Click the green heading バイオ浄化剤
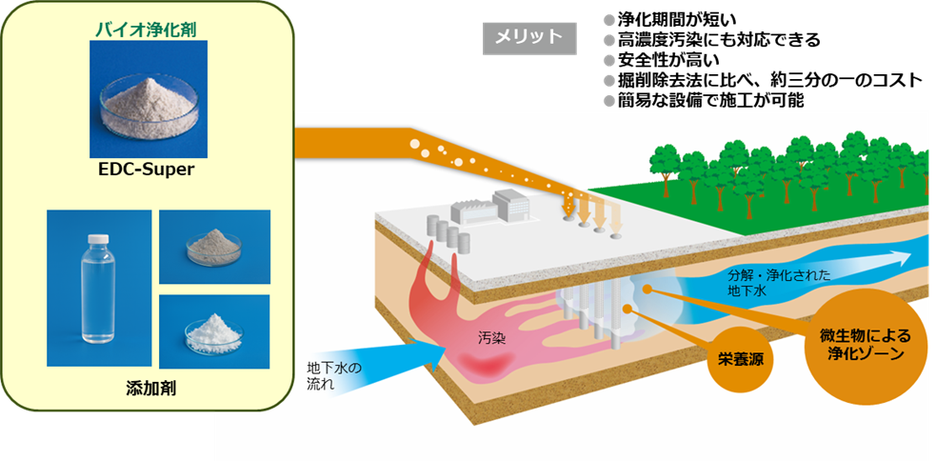tap(145, 29)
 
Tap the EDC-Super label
tap(146, 170)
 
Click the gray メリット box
tap(528, 37)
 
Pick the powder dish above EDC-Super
tap(146, 99)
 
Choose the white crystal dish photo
tap(214, 331)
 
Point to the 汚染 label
tap(493, 337)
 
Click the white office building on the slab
tap(510, 202)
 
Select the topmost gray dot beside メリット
tap(609, 19)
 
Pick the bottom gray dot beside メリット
tap(609, 100)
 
